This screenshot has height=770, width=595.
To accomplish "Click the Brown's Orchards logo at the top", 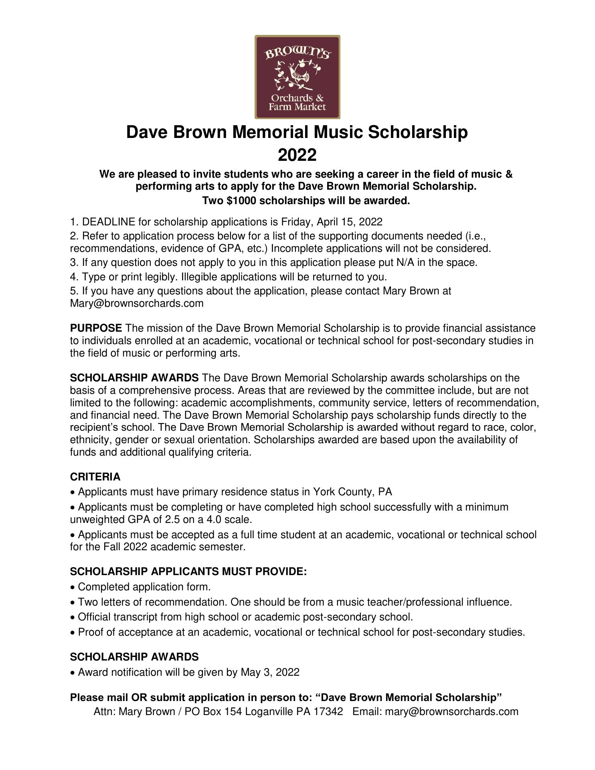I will click(297, 77).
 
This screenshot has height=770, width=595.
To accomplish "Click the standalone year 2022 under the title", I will click(297, 155).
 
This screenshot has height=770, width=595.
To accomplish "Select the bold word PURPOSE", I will click(96, 328).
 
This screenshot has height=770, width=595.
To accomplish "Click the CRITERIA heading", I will click(95, 477).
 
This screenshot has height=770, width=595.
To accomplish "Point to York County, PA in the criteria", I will click(352, 492).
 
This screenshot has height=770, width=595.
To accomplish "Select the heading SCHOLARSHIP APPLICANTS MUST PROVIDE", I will click(188, 571).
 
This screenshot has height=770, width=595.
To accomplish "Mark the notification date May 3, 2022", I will click(270, 672).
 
